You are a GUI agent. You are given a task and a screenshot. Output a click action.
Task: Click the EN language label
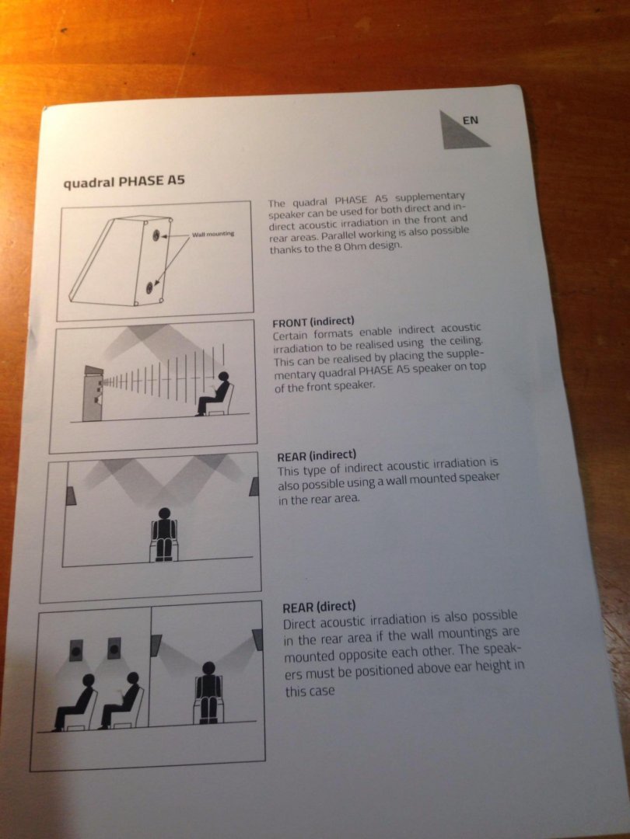click(x=470, y=120)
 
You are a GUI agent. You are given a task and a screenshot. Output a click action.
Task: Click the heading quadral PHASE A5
click(x=124, y=181)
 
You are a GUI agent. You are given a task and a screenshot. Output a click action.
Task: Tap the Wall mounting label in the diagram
click(x=213, y=234)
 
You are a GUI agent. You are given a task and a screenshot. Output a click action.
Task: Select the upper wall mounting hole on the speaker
click(x=156, y=235)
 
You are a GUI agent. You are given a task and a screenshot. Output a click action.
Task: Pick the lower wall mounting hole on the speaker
click(x=149, y=288)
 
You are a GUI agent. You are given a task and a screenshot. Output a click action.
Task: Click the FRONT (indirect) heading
click(x=313, y=322)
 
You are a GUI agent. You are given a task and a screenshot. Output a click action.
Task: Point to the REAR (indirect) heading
click(x=317, y=456)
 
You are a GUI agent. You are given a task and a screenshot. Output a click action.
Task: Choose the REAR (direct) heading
click(x=319, y=607)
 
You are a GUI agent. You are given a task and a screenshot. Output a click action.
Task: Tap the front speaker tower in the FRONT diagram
click(x=93, y=393)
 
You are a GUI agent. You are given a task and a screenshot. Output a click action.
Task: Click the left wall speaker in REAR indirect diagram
click(x=70, y=496)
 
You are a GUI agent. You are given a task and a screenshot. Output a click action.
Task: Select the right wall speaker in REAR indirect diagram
click(x=254, y=486)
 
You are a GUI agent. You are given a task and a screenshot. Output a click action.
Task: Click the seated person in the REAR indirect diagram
click(x=164, y=534)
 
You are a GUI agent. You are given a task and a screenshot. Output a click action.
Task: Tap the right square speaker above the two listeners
click(x=114, y=648)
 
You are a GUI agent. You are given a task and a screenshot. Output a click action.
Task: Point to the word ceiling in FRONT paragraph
click(x=465, y=341)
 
